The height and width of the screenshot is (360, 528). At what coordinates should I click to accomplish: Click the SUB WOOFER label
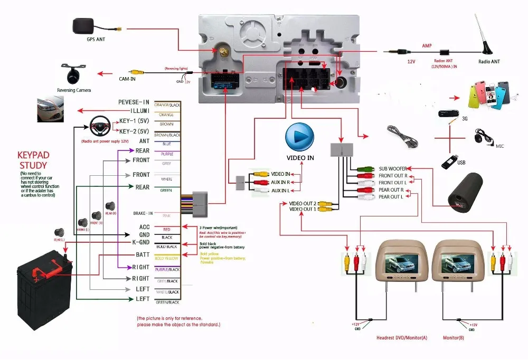pyautogui.click(x=392, y=169)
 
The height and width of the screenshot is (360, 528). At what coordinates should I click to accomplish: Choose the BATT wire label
pyautogui.click(x=141, y=255)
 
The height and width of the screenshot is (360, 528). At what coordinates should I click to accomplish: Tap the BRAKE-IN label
pyautogui.click(x=143, y=213)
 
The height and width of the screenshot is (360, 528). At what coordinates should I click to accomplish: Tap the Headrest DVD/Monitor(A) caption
pyautogui.click(x=402, y=337)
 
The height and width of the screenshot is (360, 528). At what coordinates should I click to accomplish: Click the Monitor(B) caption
pyautogui.click(x=454, y=337)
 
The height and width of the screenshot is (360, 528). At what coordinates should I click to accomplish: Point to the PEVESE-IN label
pyautogui.click(x=134, y=102)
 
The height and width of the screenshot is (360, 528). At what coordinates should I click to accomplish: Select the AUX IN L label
pyautogui.click(x=280, y=190)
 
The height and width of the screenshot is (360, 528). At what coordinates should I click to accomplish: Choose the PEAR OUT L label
pyautogui.click(x=391, y=196)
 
